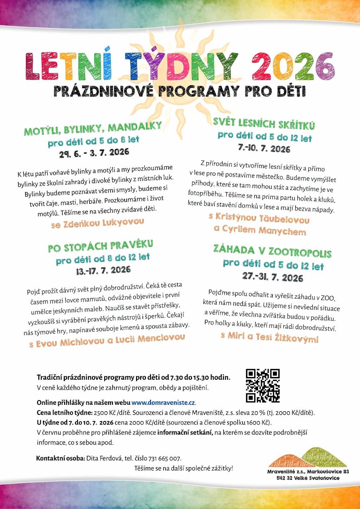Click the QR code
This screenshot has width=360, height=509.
tap(263, 385)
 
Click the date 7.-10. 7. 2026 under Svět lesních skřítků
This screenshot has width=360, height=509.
tap(264, 149)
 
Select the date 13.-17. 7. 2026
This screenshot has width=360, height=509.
tap(103, 270)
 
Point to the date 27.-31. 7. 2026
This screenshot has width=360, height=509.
tap(272, 277)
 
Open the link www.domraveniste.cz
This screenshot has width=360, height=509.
tap(163, 402)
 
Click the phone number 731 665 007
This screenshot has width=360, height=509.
tap(164, 458)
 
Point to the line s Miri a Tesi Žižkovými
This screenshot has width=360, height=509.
tap(269, 337)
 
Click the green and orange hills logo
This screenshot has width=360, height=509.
tap(308, 458)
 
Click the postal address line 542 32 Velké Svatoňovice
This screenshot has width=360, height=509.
tap(308, 478)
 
